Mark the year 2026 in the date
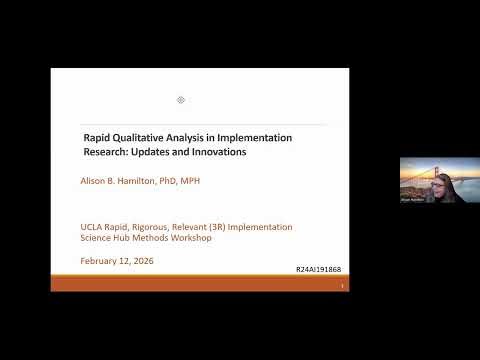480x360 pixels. click(x=143, y=261)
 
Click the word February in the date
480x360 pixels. click(x=103, y=261)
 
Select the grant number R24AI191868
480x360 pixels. click(x=320, y=270)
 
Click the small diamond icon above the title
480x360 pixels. click(x=181, y=100)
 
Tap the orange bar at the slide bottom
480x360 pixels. click(x=200, y=285)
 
